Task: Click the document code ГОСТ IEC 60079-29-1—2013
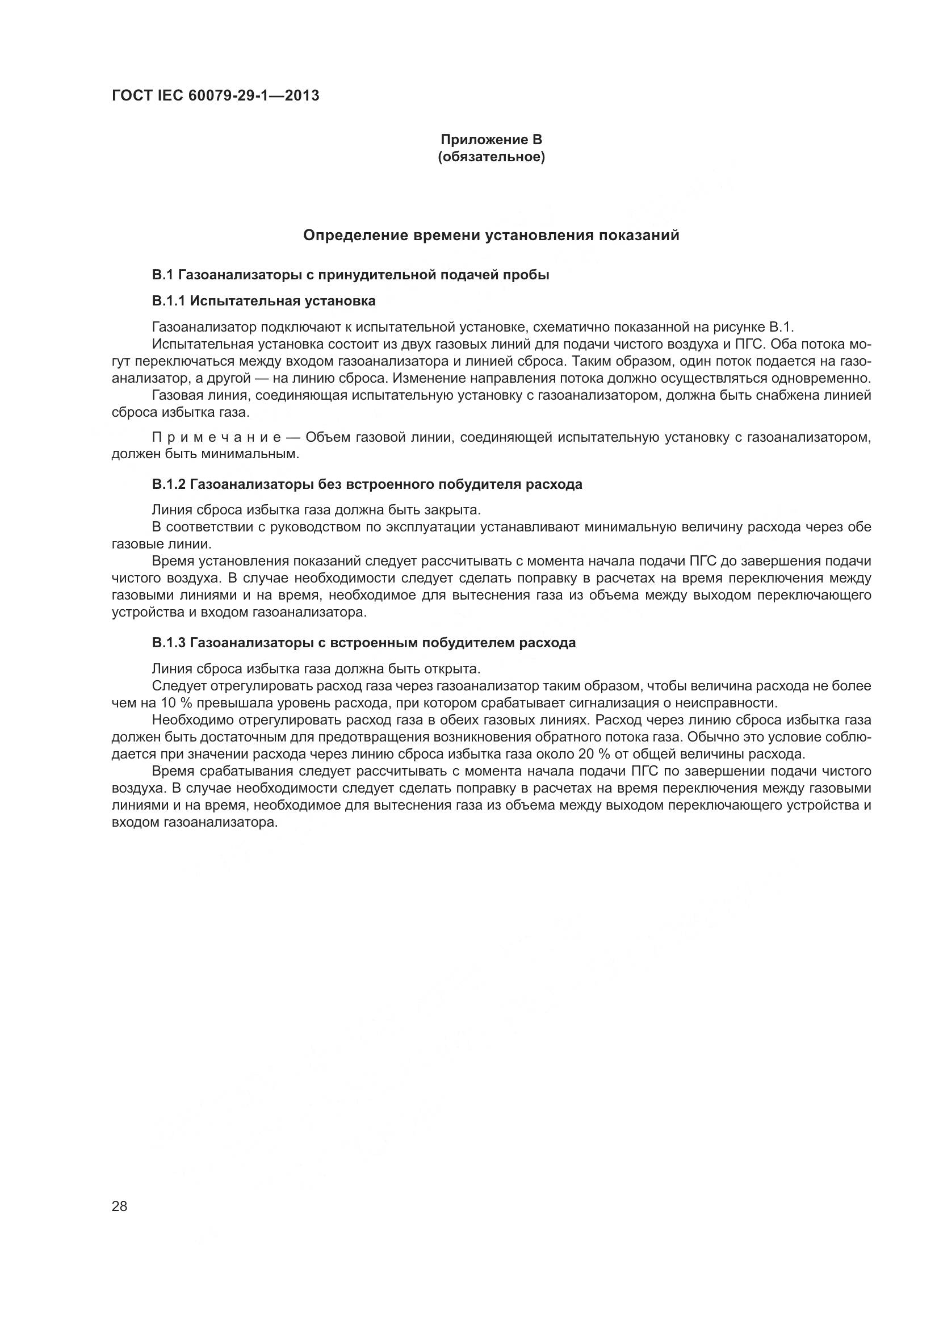(215, 96)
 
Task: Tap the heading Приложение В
(491, 140)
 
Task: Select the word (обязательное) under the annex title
(491, 157)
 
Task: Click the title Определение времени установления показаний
(491, 236)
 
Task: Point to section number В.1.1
(168, 301)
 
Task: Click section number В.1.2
(168, 485)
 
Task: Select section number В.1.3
(168, 643)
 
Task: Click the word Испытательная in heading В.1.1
(245, 301)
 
